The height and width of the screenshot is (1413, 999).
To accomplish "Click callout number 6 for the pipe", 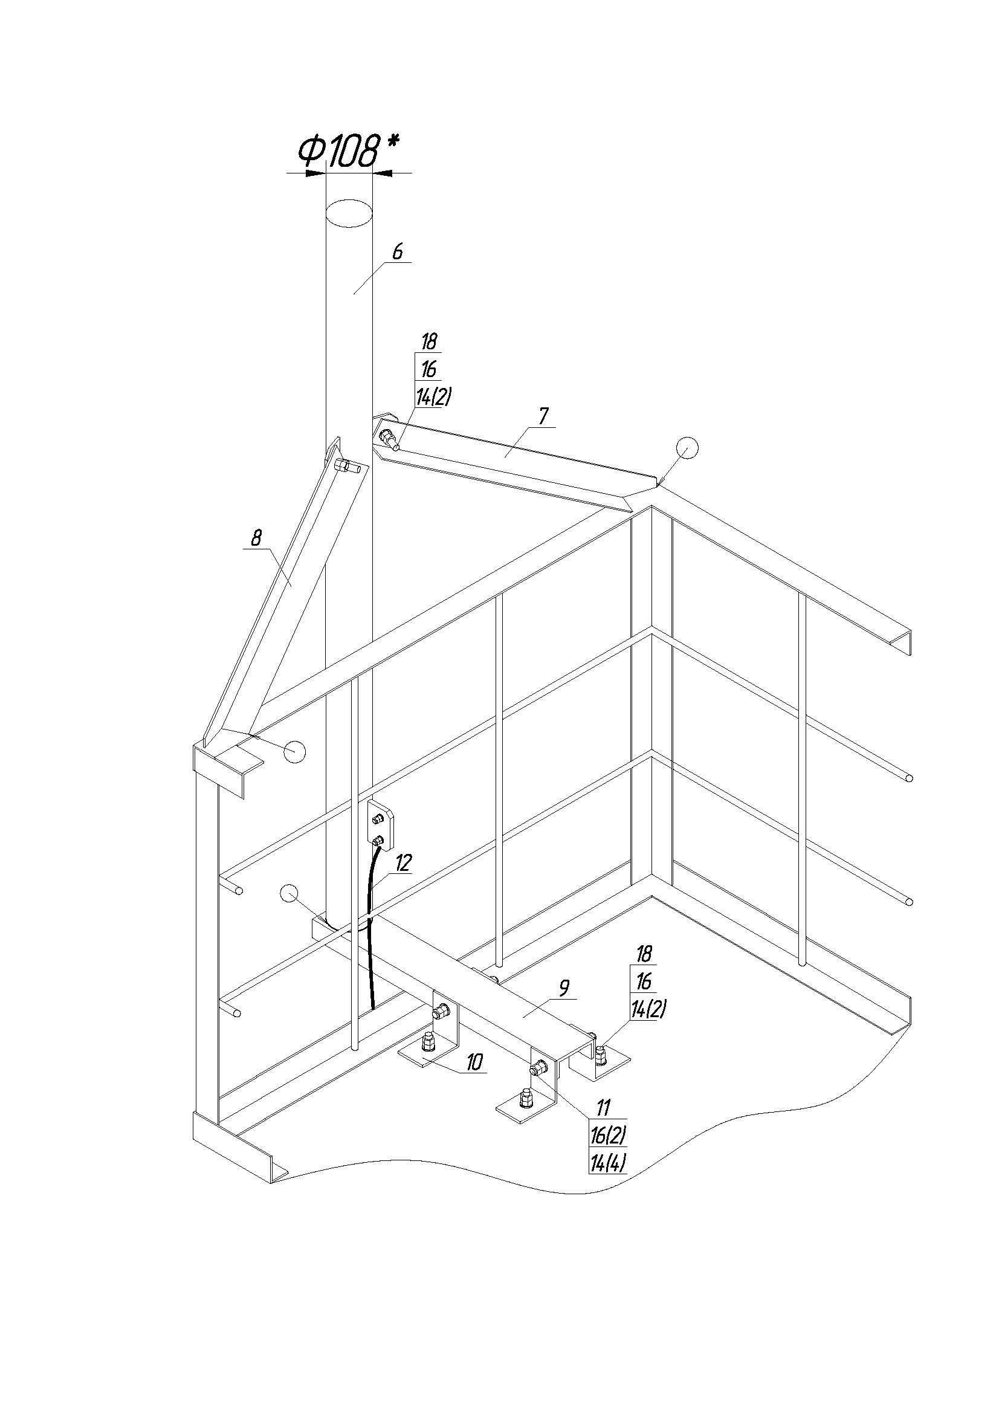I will click(x=398, y=251).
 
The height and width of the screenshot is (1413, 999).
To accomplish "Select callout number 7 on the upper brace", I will click(x=543, y=416).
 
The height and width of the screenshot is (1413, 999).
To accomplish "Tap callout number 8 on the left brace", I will click(x=257, y=538).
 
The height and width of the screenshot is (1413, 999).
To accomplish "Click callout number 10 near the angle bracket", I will click(x=474, y=1063).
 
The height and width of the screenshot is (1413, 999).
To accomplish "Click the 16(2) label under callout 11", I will click(x=608, y=1134).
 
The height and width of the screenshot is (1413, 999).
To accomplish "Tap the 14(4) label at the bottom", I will click(x=608, y=1163).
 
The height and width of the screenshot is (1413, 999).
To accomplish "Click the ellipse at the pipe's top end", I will click(x=349, y=213).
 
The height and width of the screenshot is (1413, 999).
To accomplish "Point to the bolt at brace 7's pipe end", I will click(x=390, y=438).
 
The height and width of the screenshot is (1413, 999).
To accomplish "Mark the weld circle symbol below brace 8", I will click(x=295, y=751).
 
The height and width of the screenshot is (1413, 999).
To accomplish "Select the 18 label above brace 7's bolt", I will click(x=429, y=341).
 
